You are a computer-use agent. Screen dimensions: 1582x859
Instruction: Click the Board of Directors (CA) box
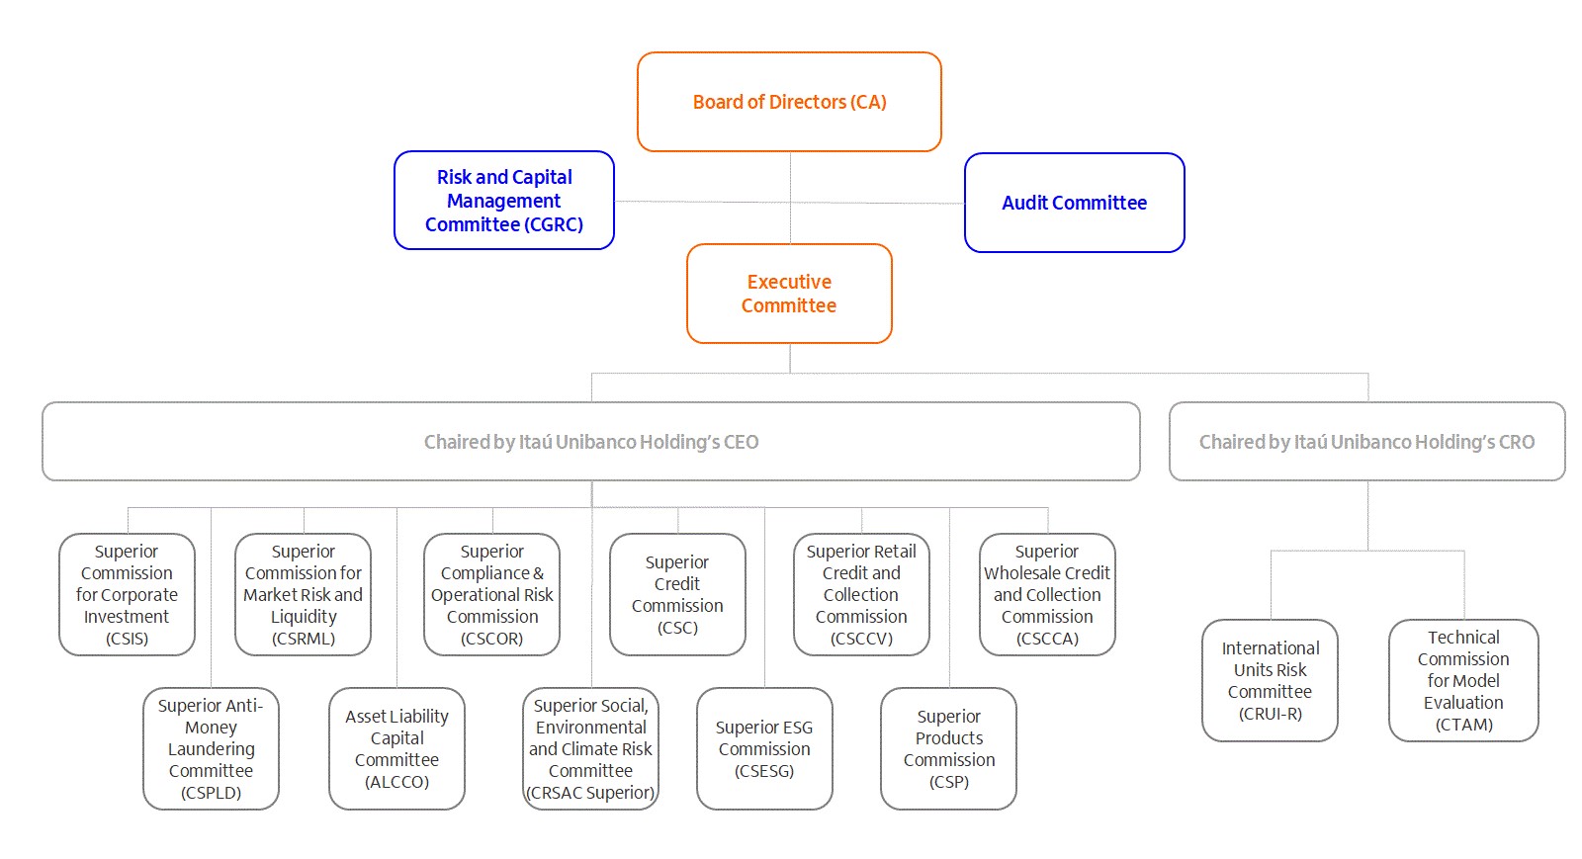click(x=789, y=102)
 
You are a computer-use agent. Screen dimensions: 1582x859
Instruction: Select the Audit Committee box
click(x=1074, y=203)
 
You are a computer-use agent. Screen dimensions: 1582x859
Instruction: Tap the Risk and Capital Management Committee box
click(x=504, y=201)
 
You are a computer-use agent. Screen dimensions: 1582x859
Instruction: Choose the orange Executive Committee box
click(x=789, y=294)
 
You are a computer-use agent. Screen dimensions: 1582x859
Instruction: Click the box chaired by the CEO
click(x=591, y=442)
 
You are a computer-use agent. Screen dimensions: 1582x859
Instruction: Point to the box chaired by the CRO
click(x=1366, y=442)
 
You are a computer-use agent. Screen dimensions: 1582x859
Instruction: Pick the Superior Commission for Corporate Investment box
click(x=128, y=594)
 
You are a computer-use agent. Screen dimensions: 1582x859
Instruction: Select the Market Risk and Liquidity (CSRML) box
click(x=303, y=594)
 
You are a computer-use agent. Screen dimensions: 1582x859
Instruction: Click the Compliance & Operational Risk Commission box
click(x=492, y=594)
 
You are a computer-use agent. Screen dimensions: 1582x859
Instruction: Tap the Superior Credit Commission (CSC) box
click(x=677, y=594)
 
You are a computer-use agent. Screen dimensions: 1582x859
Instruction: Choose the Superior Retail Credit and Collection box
click(x=861, y=594)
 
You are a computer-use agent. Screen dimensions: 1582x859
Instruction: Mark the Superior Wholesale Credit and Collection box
click(x=1047, y=594)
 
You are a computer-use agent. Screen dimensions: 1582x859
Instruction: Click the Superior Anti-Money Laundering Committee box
click(x=212, y=749)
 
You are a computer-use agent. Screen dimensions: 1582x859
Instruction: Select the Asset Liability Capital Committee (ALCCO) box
click(x=396, y=749)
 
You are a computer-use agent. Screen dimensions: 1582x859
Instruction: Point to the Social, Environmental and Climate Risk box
click(x=591, y=749)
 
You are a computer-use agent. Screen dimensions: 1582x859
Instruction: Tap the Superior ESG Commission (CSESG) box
click(x=765, y=749)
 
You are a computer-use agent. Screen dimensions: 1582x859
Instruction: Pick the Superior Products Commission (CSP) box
click(x=949, y=749)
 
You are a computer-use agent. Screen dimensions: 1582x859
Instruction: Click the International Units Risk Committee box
click(x=1270, y=680)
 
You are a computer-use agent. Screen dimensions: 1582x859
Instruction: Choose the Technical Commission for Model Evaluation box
click(x=1463, y=680)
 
